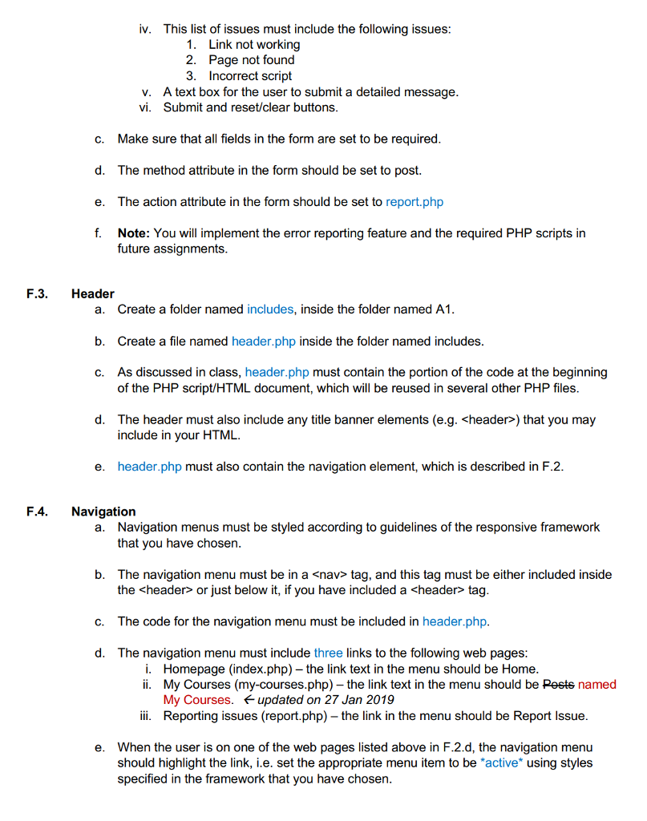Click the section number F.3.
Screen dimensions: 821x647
pyautogui.click(x=37, y=293)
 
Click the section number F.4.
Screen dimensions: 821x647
pyautogui.click(x=37, y=512)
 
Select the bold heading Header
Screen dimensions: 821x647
pyautogui.click(x=92, y=293)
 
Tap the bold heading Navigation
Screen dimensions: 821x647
pyautogui.click(x=103, y=512)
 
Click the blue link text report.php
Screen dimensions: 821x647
pyautogui.click(x=414, y=201)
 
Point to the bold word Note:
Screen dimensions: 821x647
pyautogui.click(x=134, y=233)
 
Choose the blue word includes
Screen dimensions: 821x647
pyautogui.click(x=270, y=309)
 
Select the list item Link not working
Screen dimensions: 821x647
pyautogui.click(x=254, y=44)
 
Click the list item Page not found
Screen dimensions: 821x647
pyautogui.click(x=252, y=60)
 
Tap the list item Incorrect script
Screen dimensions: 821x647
pyautogui.click(x=250, y=76)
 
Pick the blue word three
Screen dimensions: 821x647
pyautogui.click(x=328, y=653)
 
